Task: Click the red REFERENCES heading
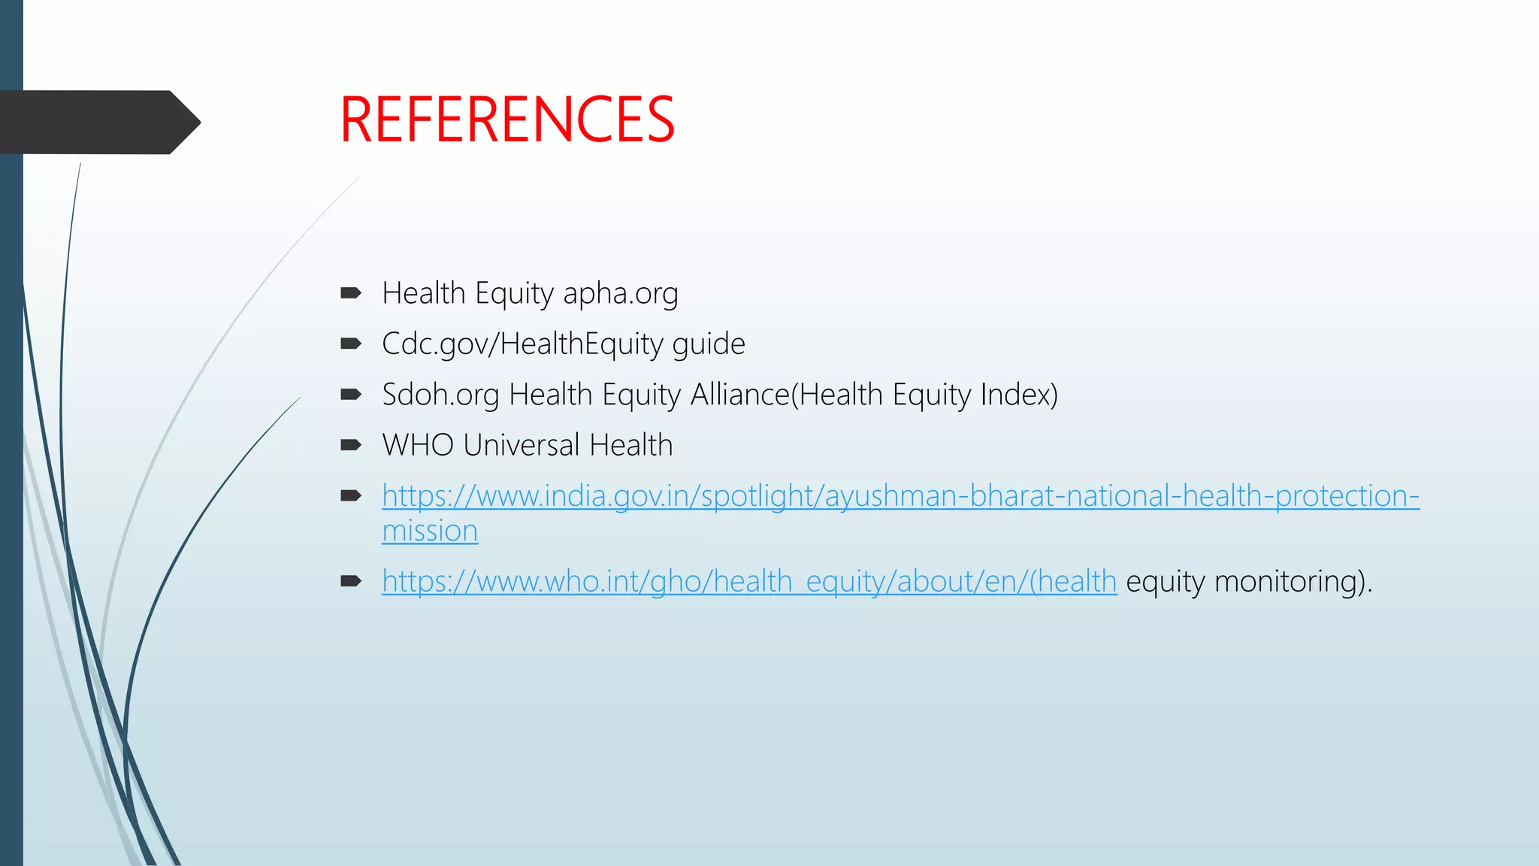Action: point(507,120)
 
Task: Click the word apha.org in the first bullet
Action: point(620,293)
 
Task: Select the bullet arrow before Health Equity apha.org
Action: point(350,293)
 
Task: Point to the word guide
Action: point(708,344)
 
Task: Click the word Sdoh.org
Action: point(440,395)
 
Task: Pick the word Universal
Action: point(522,445)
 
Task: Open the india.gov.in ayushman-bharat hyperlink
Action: point(900,496)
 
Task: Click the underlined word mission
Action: point(430,531)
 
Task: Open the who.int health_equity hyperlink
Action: point(748,581)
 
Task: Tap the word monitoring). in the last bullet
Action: point(1293,581)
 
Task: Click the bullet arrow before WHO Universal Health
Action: point(350,445)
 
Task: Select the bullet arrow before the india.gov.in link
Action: point(350,495)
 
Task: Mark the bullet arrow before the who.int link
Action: point(350,581)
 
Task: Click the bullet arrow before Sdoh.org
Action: point(350,395)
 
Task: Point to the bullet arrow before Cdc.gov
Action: point(350,344)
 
